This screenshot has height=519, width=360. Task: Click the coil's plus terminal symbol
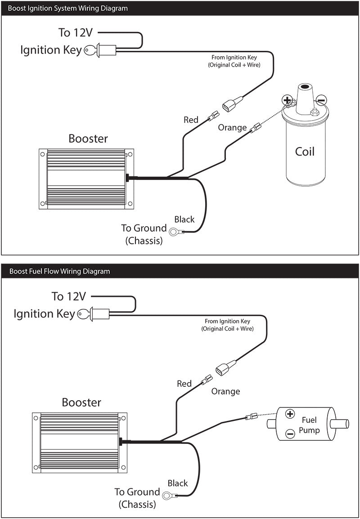287,99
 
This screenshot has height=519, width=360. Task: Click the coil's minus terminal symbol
320,100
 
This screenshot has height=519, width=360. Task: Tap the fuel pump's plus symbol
290,414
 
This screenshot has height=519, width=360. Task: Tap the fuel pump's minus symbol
290,434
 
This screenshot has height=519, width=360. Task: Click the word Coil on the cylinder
305,152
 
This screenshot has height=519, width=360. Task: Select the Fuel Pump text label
309,425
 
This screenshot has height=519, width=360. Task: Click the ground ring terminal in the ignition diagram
175,232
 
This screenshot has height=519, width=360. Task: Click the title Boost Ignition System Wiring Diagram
67,8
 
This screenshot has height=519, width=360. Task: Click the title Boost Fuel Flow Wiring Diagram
59,271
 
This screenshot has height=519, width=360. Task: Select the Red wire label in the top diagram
191,120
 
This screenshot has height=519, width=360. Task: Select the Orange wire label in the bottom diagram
225,391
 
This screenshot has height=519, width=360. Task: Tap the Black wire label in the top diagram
184,219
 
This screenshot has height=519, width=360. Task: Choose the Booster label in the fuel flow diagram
81,402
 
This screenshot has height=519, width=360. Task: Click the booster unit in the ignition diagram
85,179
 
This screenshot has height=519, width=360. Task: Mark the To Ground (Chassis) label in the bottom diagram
137,498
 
